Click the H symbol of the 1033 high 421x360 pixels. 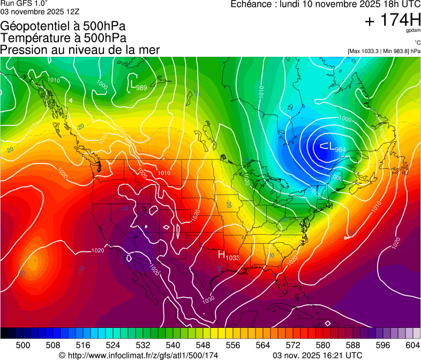221,254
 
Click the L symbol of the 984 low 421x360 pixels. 332,146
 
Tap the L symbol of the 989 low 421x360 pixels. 132,83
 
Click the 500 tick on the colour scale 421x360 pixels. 23,345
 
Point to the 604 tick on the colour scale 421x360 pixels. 413,345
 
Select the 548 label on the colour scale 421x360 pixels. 203,345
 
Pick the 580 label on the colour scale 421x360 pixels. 323,345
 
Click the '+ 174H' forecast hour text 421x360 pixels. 392,20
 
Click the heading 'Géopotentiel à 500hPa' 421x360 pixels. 63,26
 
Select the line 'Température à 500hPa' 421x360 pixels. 63,38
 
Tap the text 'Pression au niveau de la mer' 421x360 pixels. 80,50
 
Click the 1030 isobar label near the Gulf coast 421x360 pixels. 208,299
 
